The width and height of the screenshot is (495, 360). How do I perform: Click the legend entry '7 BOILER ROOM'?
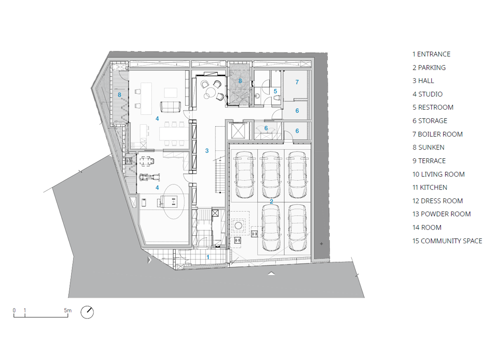pos(437,134)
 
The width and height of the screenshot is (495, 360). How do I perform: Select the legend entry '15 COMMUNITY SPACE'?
pos(447,241)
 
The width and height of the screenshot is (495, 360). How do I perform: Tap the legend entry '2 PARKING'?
pos(429,67)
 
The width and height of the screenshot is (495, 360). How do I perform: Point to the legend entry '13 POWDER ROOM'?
pos(442,214)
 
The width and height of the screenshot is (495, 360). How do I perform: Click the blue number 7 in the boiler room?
pos(297,82)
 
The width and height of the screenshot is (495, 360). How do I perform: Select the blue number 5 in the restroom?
pos(275,91)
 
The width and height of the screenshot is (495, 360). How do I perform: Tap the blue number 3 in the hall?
pos(207,151)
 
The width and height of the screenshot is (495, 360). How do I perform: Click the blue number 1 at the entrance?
pos(208,257)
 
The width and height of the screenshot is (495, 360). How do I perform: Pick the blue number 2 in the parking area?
pos(271,201)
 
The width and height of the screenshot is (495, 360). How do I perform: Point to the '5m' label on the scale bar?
pos(67,310)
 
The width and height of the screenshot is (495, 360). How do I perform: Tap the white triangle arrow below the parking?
pos(271,273)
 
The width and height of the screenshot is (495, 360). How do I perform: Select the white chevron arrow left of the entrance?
pos(149,260)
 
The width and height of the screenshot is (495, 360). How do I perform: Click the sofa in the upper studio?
pos(170,107)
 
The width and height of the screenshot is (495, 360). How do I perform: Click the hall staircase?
pos(221,175)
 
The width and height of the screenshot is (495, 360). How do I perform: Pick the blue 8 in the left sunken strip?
pos(119,94)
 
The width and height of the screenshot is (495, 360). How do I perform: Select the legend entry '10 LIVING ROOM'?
pos(439,174)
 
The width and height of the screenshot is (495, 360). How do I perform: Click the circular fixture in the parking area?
pos(238,225)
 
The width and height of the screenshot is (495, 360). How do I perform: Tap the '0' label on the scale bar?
pos(14,310)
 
